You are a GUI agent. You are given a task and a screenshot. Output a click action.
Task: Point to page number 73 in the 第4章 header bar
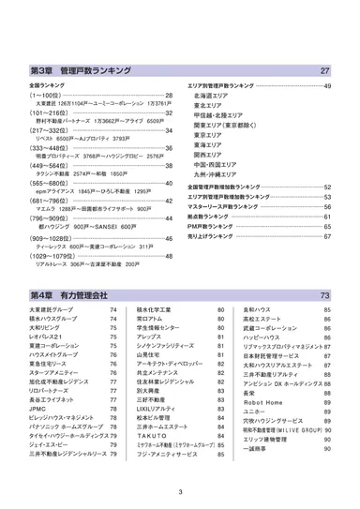coord(323,294)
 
